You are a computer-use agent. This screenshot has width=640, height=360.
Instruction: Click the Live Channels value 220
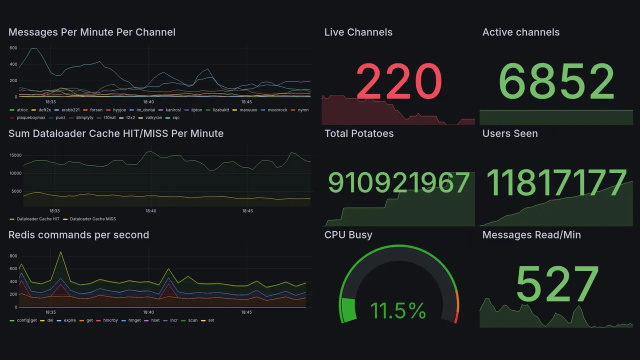click(399, 81)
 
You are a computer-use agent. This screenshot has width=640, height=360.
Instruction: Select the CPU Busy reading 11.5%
click(398, 310)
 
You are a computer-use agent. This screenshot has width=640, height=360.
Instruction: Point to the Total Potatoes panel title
click(359, 133)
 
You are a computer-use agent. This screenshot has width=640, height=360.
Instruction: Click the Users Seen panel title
click(510, 133)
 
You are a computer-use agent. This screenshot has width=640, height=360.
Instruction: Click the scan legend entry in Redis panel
click(192, 320)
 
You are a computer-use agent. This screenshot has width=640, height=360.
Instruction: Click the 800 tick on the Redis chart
click(13, 256)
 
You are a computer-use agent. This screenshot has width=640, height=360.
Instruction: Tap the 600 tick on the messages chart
click(13, 48)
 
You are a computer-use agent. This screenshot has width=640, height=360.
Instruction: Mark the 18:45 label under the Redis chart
click(246, 312)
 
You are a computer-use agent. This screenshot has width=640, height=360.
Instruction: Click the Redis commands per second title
click(78, 235)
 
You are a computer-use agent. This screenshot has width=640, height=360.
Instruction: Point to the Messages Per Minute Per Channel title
click(92, 32)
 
